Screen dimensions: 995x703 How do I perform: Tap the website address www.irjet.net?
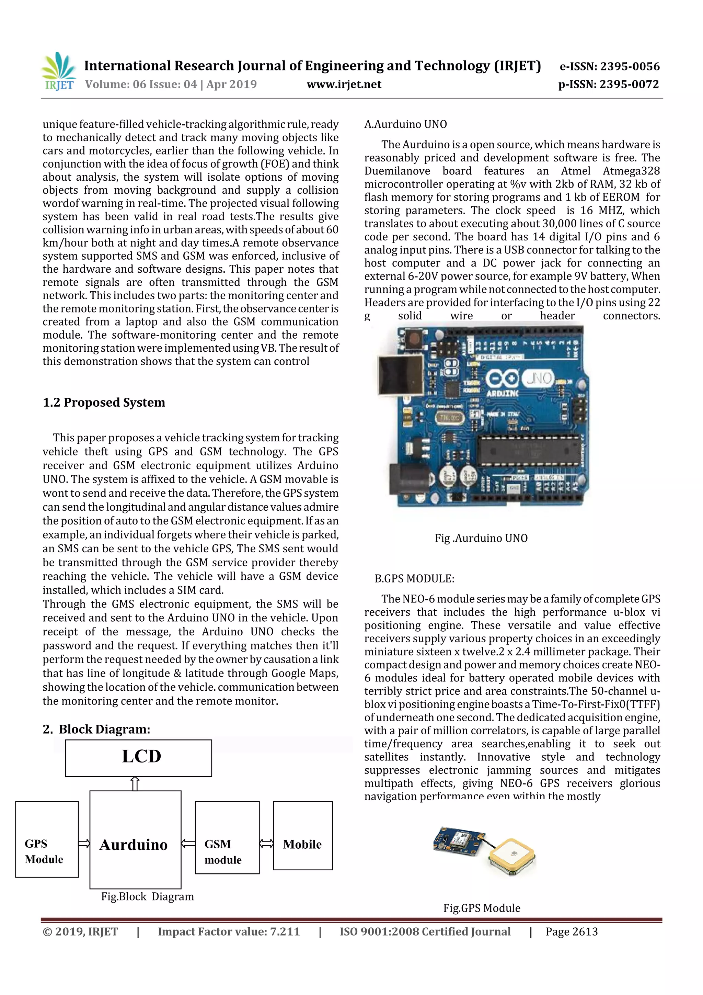click(x=344, y=84)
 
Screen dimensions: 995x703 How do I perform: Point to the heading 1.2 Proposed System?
click(x=104, y=402)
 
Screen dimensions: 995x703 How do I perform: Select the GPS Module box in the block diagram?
click(x=47, y=839)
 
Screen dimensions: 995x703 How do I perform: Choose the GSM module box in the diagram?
click(x=227, y=837)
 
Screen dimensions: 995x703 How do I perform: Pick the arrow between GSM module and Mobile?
click(x=266, y=843)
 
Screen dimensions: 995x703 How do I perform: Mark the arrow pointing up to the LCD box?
click(x=135, y=783)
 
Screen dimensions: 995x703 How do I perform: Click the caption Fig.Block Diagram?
click(x=147, y=896)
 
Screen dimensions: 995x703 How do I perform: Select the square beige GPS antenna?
click(x=512, y=856)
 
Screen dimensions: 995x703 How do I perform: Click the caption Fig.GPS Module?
click(x=482, y=908)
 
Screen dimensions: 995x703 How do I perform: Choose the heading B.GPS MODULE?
click(x=414, y=578)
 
